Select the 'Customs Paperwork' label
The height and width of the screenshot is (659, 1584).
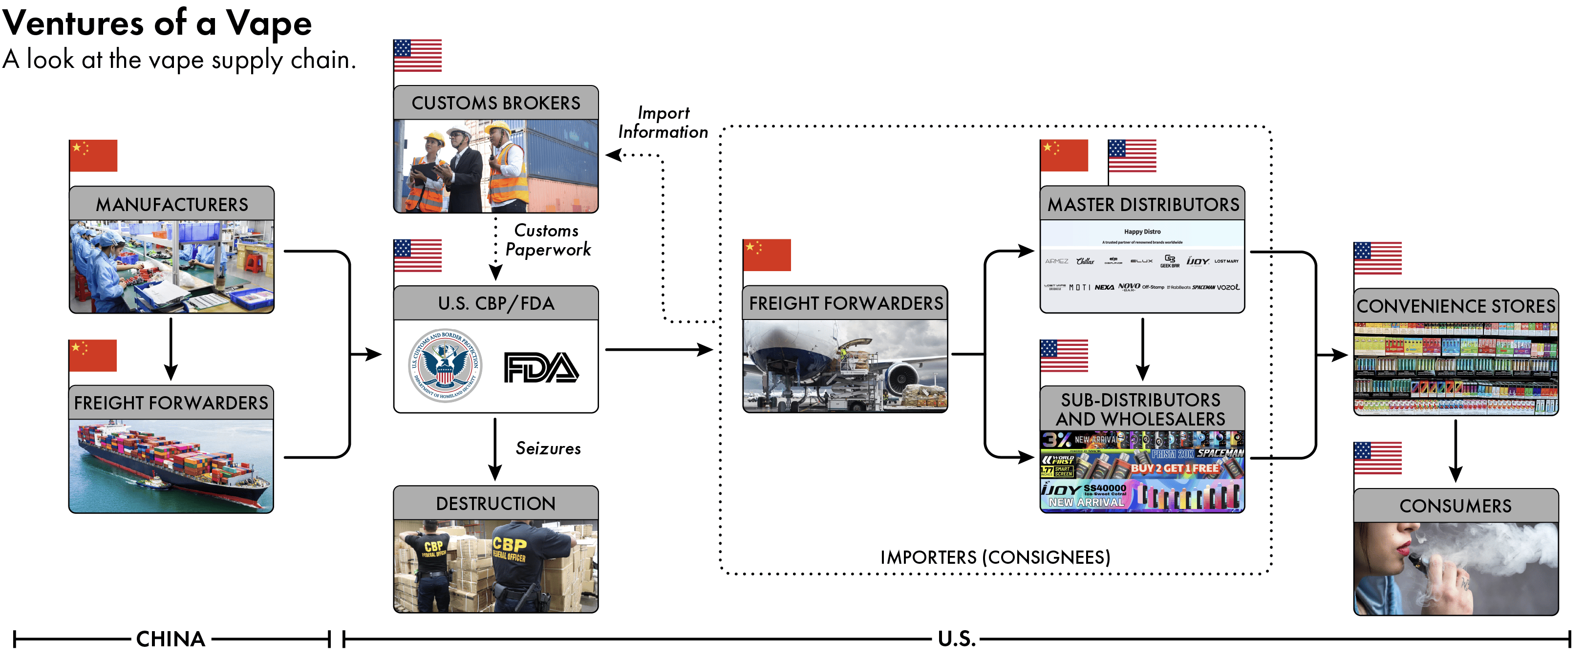[547, 240]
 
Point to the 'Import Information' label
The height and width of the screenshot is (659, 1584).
[663, 122]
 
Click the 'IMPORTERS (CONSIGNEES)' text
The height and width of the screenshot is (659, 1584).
[995, 557]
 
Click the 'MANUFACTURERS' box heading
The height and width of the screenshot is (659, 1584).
[171, 205]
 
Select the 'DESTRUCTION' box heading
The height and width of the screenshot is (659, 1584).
[495, 504]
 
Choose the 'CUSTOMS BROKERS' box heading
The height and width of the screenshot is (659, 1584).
[495, 103]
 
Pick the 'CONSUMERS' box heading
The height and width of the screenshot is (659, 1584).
[1455, 506]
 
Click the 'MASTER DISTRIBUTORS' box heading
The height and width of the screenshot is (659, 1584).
[1142, 205]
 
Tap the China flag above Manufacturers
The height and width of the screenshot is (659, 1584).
[93, 155]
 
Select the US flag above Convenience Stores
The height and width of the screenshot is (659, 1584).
[1377, 258]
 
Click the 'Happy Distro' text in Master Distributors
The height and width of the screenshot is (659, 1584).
[1142, 232]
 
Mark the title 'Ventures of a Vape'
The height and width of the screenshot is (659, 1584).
[157, 23]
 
